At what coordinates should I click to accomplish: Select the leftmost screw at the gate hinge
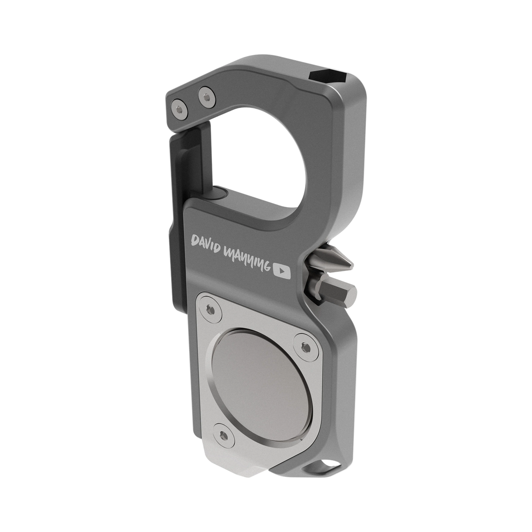point(179,109)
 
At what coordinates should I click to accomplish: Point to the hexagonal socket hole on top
point(328,77)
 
